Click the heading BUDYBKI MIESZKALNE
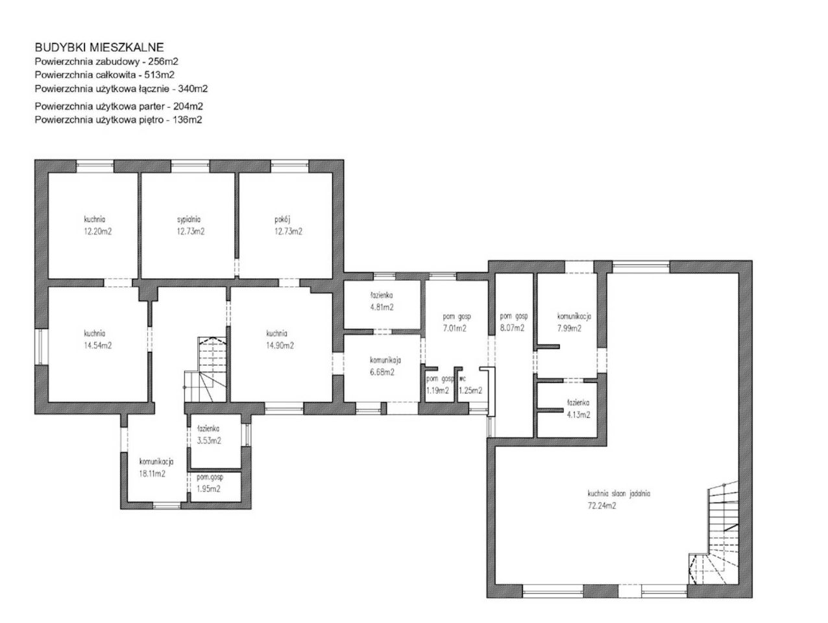[99, 47]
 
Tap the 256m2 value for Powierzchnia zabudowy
[163, 61]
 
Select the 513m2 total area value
[159, 75]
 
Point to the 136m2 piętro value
[187, 119]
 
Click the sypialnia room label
[189, 219]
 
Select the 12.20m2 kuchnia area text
[98, 232]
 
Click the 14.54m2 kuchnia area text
[98, 345]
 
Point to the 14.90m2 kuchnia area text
[280, 345]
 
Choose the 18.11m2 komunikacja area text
[152, 474]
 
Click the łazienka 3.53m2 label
[209, 435]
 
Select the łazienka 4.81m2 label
[382, 301]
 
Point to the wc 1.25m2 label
[470, 385]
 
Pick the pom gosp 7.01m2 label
[456, 323]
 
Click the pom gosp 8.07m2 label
[514, 322]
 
